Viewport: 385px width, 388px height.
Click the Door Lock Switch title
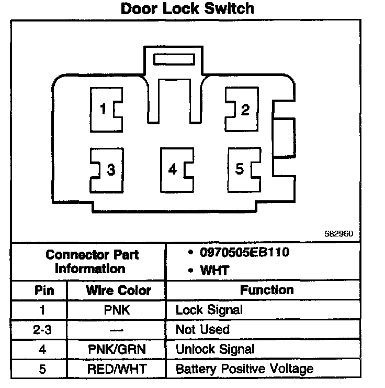tap(187, 9)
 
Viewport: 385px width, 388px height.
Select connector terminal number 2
tap(243, 109)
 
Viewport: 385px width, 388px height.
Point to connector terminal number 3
tap(108, 170)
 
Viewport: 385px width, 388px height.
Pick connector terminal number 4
tap(174, 169)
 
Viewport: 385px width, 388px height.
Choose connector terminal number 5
tap(241, 169)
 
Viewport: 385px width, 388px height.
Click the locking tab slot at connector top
tap(174, 58)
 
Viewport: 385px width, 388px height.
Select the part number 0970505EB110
tap(244, 253)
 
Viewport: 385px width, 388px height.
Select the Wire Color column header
tap(118, 290)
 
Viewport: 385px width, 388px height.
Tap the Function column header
tap(267, 290)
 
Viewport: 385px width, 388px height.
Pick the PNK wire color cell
tap(118, 310)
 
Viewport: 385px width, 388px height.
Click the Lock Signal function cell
tap(209, 310)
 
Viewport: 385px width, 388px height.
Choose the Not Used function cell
tap(202, 330)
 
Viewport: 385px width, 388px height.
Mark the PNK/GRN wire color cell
tap(118, 349)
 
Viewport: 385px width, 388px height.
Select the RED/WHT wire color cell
tap(118, 369)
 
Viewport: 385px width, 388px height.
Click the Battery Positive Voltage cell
tap(244, 369)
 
